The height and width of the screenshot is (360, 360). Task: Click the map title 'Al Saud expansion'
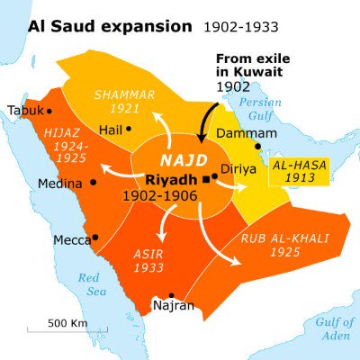(96, 25)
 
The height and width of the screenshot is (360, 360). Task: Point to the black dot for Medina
(93, 182)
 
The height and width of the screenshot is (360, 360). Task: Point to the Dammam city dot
(257, 147)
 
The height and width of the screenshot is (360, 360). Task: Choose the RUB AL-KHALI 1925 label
(283, 246)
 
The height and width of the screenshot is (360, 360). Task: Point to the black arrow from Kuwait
(209, 117)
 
